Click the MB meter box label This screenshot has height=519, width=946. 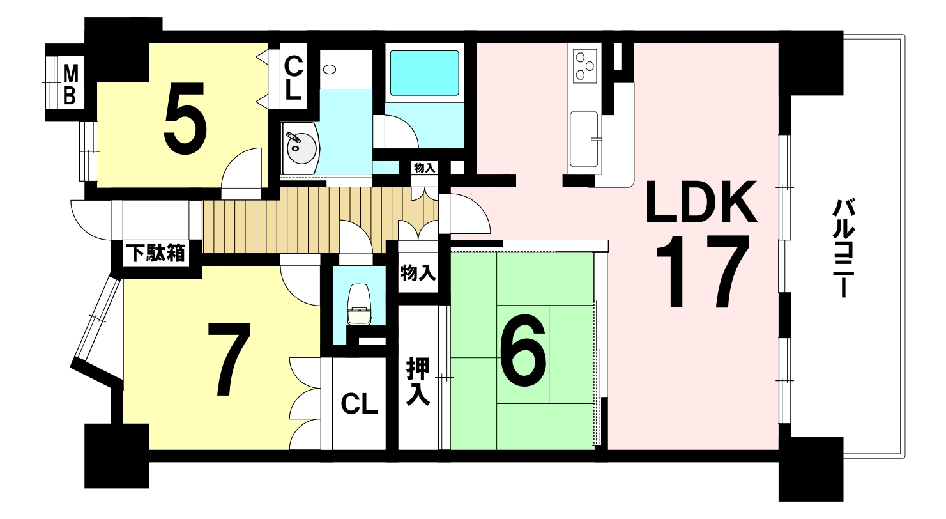pyautogui.click(x=70, y=85)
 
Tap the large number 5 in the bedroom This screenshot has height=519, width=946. pyautogui.click(x=185, y=118)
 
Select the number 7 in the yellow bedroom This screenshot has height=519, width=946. pyautogui.click(x=228, y=360)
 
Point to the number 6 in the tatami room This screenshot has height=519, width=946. pyautogui.click(x=523, y=350)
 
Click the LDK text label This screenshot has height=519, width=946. pyautogui.click(x=701, y=202)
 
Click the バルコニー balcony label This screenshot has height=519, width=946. pyautogui.click(x=843, y=249)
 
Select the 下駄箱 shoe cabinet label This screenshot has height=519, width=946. pyautogui.click(x=156, y=254)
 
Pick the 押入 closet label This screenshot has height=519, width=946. pyautogui.click(x=418, y=382)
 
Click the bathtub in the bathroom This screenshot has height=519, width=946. pyautogui.click(x=424, y=73)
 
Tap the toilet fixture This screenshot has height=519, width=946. pyautogui.click(x=359, y=304)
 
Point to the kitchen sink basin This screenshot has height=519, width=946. pyautogui.click(x=584, y=139)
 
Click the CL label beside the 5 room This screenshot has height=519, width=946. pyautogui.click(x=293, y=78)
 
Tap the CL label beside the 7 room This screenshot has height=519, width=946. pyautogui.click(x=358, y=404)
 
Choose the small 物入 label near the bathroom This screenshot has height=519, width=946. pyautogui.click(x=424, y=168)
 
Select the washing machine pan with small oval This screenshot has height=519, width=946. pyautogui.click(x=346, y=70)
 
